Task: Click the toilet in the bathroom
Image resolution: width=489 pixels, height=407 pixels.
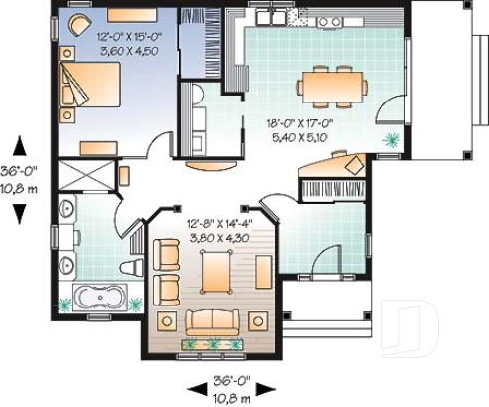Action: (x=131, y=267)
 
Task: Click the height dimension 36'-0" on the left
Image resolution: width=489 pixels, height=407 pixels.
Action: (x=21, y=169)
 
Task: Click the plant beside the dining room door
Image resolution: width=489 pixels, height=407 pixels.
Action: (x=392, y=140)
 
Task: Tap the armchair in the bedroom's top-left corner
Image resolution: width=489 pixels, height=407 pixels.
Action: (x=78, y=24)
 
